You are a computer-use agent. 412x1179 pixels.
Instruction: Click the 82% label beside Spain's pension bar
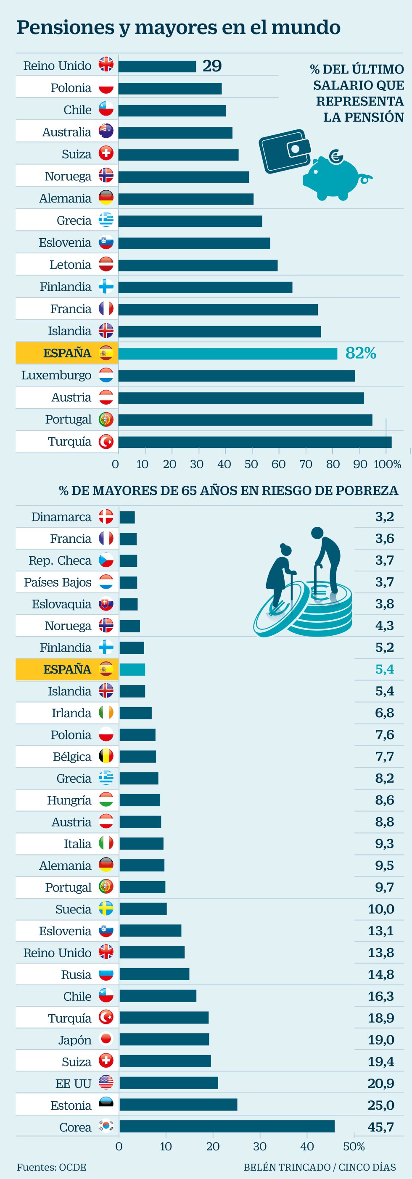pyautogui.click(x=361, y=353)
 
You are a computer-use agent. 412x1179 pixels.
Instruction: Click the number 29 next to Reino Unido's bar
pyautogui.click(x=212, y=66)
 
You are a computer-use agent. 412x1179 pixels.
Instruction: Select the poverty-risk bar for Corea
pyautogui.click(x=227, y=1126)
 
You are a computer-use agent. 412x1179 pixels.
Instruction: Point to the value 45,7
pyautogui.click(x=380, y=1127)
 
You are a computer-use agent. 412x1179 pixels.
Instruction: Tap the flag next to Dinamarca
pyautogui.click(x=106, y=517)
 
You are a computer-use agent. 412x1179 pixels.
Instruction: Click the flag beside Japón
pyautogui.click(x=106, y=1040)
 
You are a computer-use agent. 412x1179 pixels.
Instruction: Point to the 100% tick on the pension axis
pyautogui.click(x=387, y=464)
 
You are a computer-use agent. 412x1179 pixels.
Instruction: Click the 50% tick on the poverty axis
pyautogui.click(x=354, y=1147)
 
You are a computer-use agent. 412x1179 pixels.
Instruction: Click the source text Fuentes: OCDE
pyautogui.click(x=51, y=1167)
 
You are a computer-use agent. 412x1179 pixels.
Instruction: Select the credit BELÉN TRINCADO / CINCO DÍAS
pyautogui.click(x=320, y=1167)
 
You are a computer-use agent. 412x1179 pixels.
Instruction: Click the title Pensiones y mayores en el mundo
pyautogui.click(x=179, y=27)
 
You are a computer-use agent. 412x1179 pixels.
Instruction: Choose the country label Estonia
pyautogui.click(x=71, y=1105)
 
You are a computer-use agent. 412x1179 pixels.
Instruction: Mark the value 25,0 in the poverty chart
pyautogui.click(x=380, y=1105)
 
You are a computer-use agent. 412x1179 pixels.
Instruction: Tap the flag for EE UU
pyautogui.click(x=106, y=1083)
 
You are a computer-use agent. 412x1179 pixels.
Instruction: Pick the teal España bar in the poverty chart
pyautogui.click(x=132, y=670)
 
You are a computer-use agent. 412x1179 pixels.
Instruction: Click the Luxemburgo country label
pyautogui.click(x=56, y=375)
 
